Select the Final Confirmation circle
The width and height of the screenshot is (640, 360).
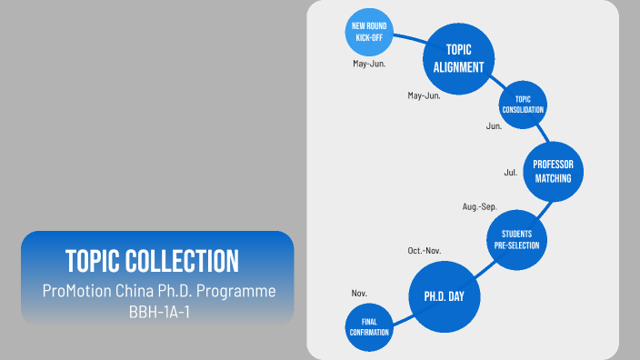tap(369, 326)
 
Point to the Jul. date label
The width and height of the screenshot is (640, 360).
tap(511, 171)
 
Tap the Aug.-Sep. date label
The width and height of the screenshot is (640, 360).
tap(479, 207)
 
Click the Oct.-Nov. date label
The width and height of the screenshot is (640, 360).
tap(424, 250)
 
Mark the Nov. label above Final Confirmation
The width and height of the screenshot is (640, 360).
tap(359, 293)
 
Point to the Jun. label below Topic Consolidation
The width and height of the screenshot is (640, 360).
tap(494, 126)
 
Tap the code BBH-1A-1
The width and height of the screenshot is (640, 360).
tap(157, 309)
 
